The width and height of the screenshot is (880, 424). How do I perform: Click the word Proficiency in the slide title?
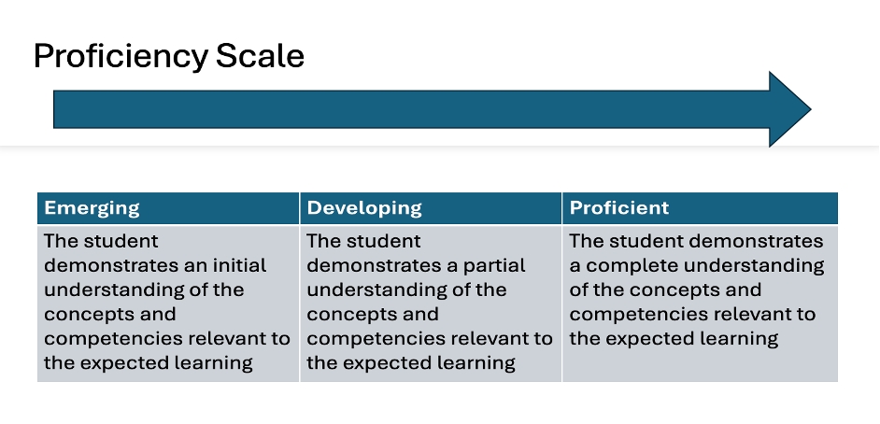[x=121, y=57]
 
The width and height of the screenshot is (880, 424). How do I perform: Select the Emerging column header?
[x=92, y=208]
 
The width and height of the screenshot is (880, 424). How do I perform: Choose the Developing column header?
[x=364, y=208]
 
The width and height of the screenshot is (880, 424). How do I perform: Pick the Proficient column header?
[x=619, y=207]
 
